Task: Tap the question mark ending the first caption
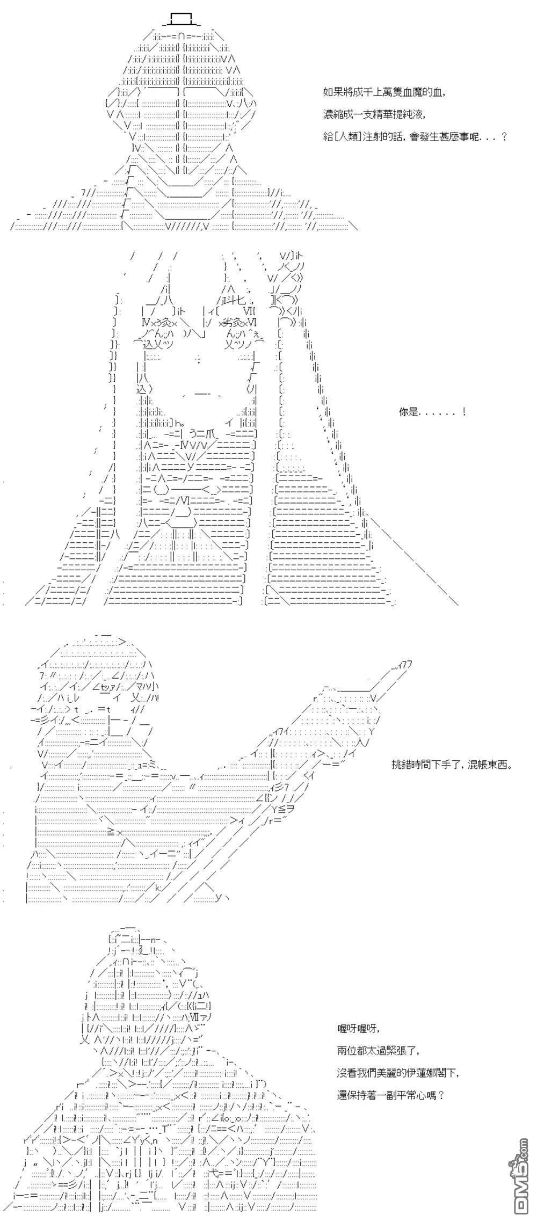tap(503, 136)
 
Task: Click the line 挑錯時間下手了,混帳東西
tap(452, 764)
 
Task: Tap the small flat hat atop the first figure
tap(180, 19)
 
